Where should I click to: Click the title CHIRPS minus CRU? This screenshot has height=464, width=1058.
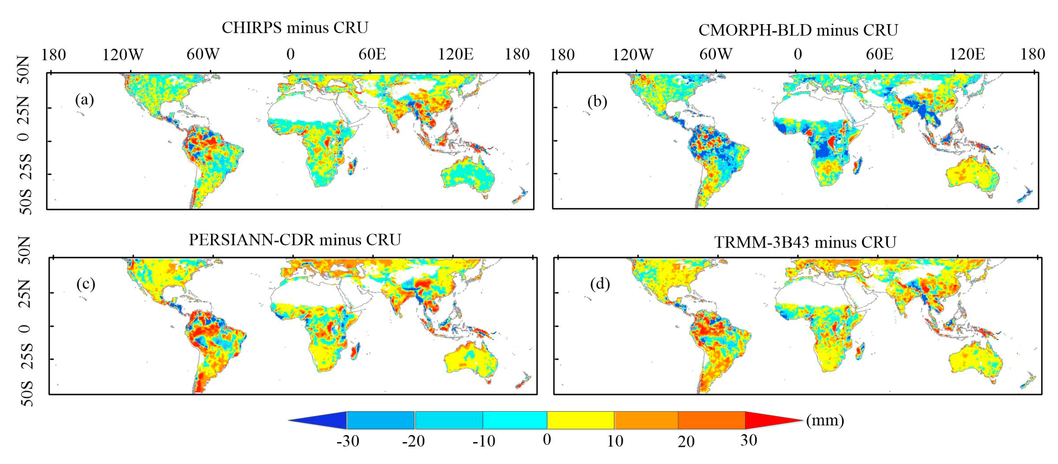coord(295,28)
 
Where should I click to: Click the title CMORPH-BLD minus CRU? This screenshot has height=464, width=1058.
coord(798,30)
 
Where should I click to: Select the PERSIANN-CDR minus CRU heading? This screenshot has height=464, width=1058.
coord(295,240)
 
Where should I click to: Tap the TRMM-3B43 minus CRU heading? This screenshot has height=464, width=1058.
coord(805,242)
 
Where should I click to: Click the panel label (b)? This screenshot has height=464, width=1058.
coord(597,101)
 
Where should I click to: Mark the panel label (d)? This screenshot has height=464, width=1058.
coord(600,284)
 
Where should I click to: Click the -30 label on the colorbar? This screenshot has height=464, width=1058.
coord(347,441)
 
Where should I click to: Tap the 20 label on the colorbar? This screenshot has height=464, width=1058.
coord(686,441)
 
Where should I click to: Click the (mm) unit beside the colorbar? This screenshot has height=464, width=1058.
coord(825,420)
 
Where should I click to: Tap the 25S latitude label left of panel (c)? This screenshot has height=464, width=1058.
coord(26,355)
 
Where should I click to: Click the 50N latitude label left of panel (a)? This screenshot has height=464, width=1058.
coord(24,70)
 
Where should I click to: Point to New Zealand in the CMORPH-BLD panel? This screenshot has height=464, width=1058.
coord(1025,195)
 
